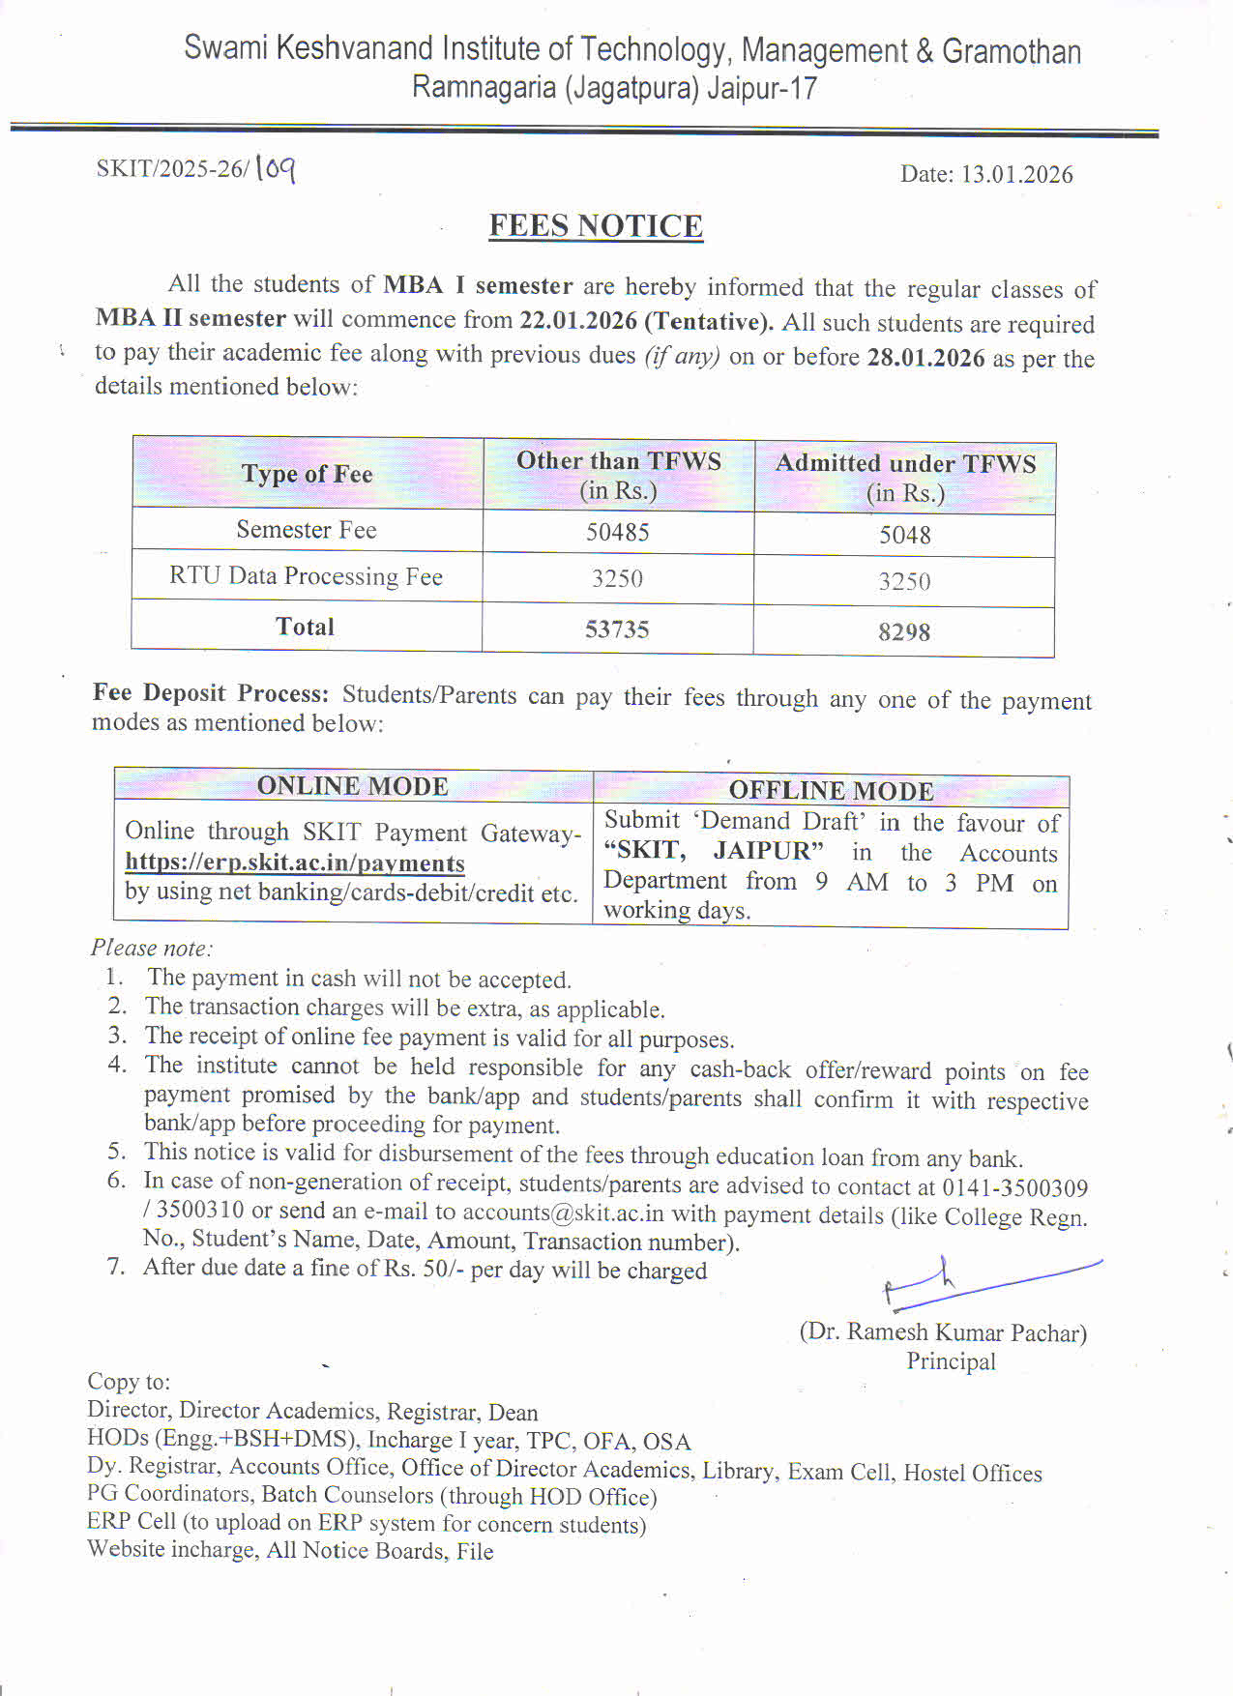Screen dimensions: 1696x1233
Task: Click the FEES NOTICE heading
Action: [596, 225]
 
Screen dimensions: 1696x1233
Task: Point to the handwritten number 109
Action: [276, 169]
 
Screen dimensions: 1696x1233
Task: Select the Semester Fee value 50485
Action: [617, 532]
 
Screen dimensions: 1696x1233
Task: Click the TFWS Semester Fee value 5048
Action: [904, 535]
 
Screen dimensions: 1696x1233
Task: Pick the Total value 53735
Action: [617, 629]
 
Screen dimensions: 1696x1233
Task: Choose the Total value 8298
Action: [904, 632]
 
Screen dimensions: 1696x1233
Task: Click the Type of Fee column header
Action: [307, 474]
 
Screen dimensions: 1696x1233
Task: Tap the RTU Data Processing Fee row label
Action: [306, 576]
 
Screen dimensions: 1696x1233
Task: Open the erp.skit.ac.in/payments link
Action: [295, 863]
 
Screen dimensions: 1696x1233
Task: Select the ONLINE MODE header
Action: [352, 786]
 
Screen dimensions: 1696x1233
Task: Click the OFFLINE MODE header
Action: [831, 791]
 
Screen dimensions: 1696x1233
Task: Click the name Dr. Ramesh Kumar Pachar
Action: [943, 1332]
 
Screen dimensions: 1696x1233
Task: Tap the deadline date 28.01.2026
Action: [925, 358]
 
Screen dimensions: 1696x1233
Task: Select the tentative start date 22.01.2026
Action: [578, 320]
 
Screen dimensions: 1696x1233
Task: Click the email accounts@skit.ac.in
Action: [563, 1213]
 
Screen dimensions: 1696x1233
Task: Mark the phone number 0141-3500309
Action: [1014, 1187]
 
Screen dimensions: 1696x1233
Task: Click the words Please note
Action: [151, 948]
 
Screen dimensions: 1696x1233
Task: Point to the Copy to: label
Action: [129, 1381]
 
